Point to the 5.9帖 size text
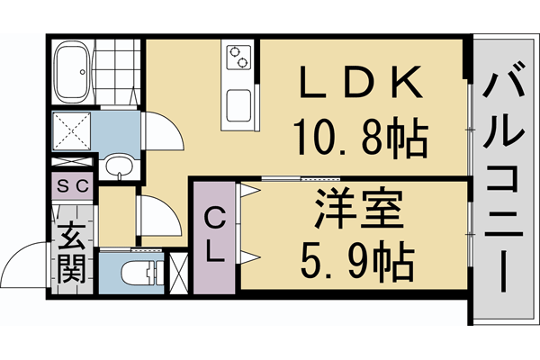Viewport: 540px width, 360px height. (354, 264)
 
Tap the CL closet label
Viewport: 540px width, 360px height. (213, 235)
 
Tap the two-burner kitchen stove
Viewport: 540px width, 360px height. (240, 58)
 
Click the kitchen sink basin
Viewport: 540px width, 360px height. (240, 106)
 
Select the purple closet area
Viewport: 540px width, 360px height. (213, 236)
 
